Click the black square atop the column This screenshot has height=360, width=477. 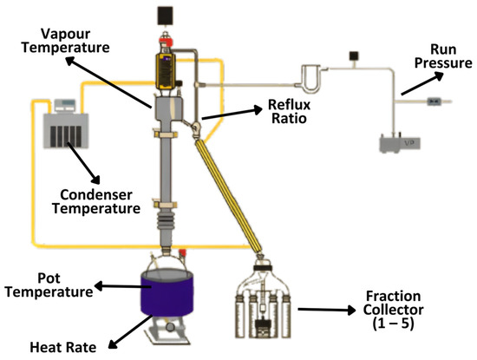[163, 14]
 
